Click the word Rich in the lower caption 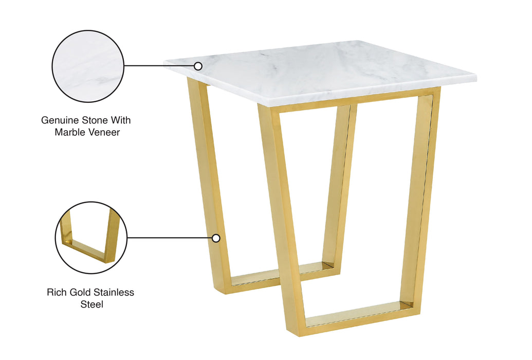coord(57,293)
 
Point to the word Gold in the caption coord(81,293)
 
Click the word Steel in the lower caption coord(91,304)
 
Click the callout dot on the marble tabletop coord(198,66)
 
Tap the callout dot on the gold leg coord(216,238)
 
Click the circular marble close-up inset coord(88,66)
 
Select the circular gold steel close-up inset coord(90,237)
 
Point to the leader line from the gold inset coord(170,238)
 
